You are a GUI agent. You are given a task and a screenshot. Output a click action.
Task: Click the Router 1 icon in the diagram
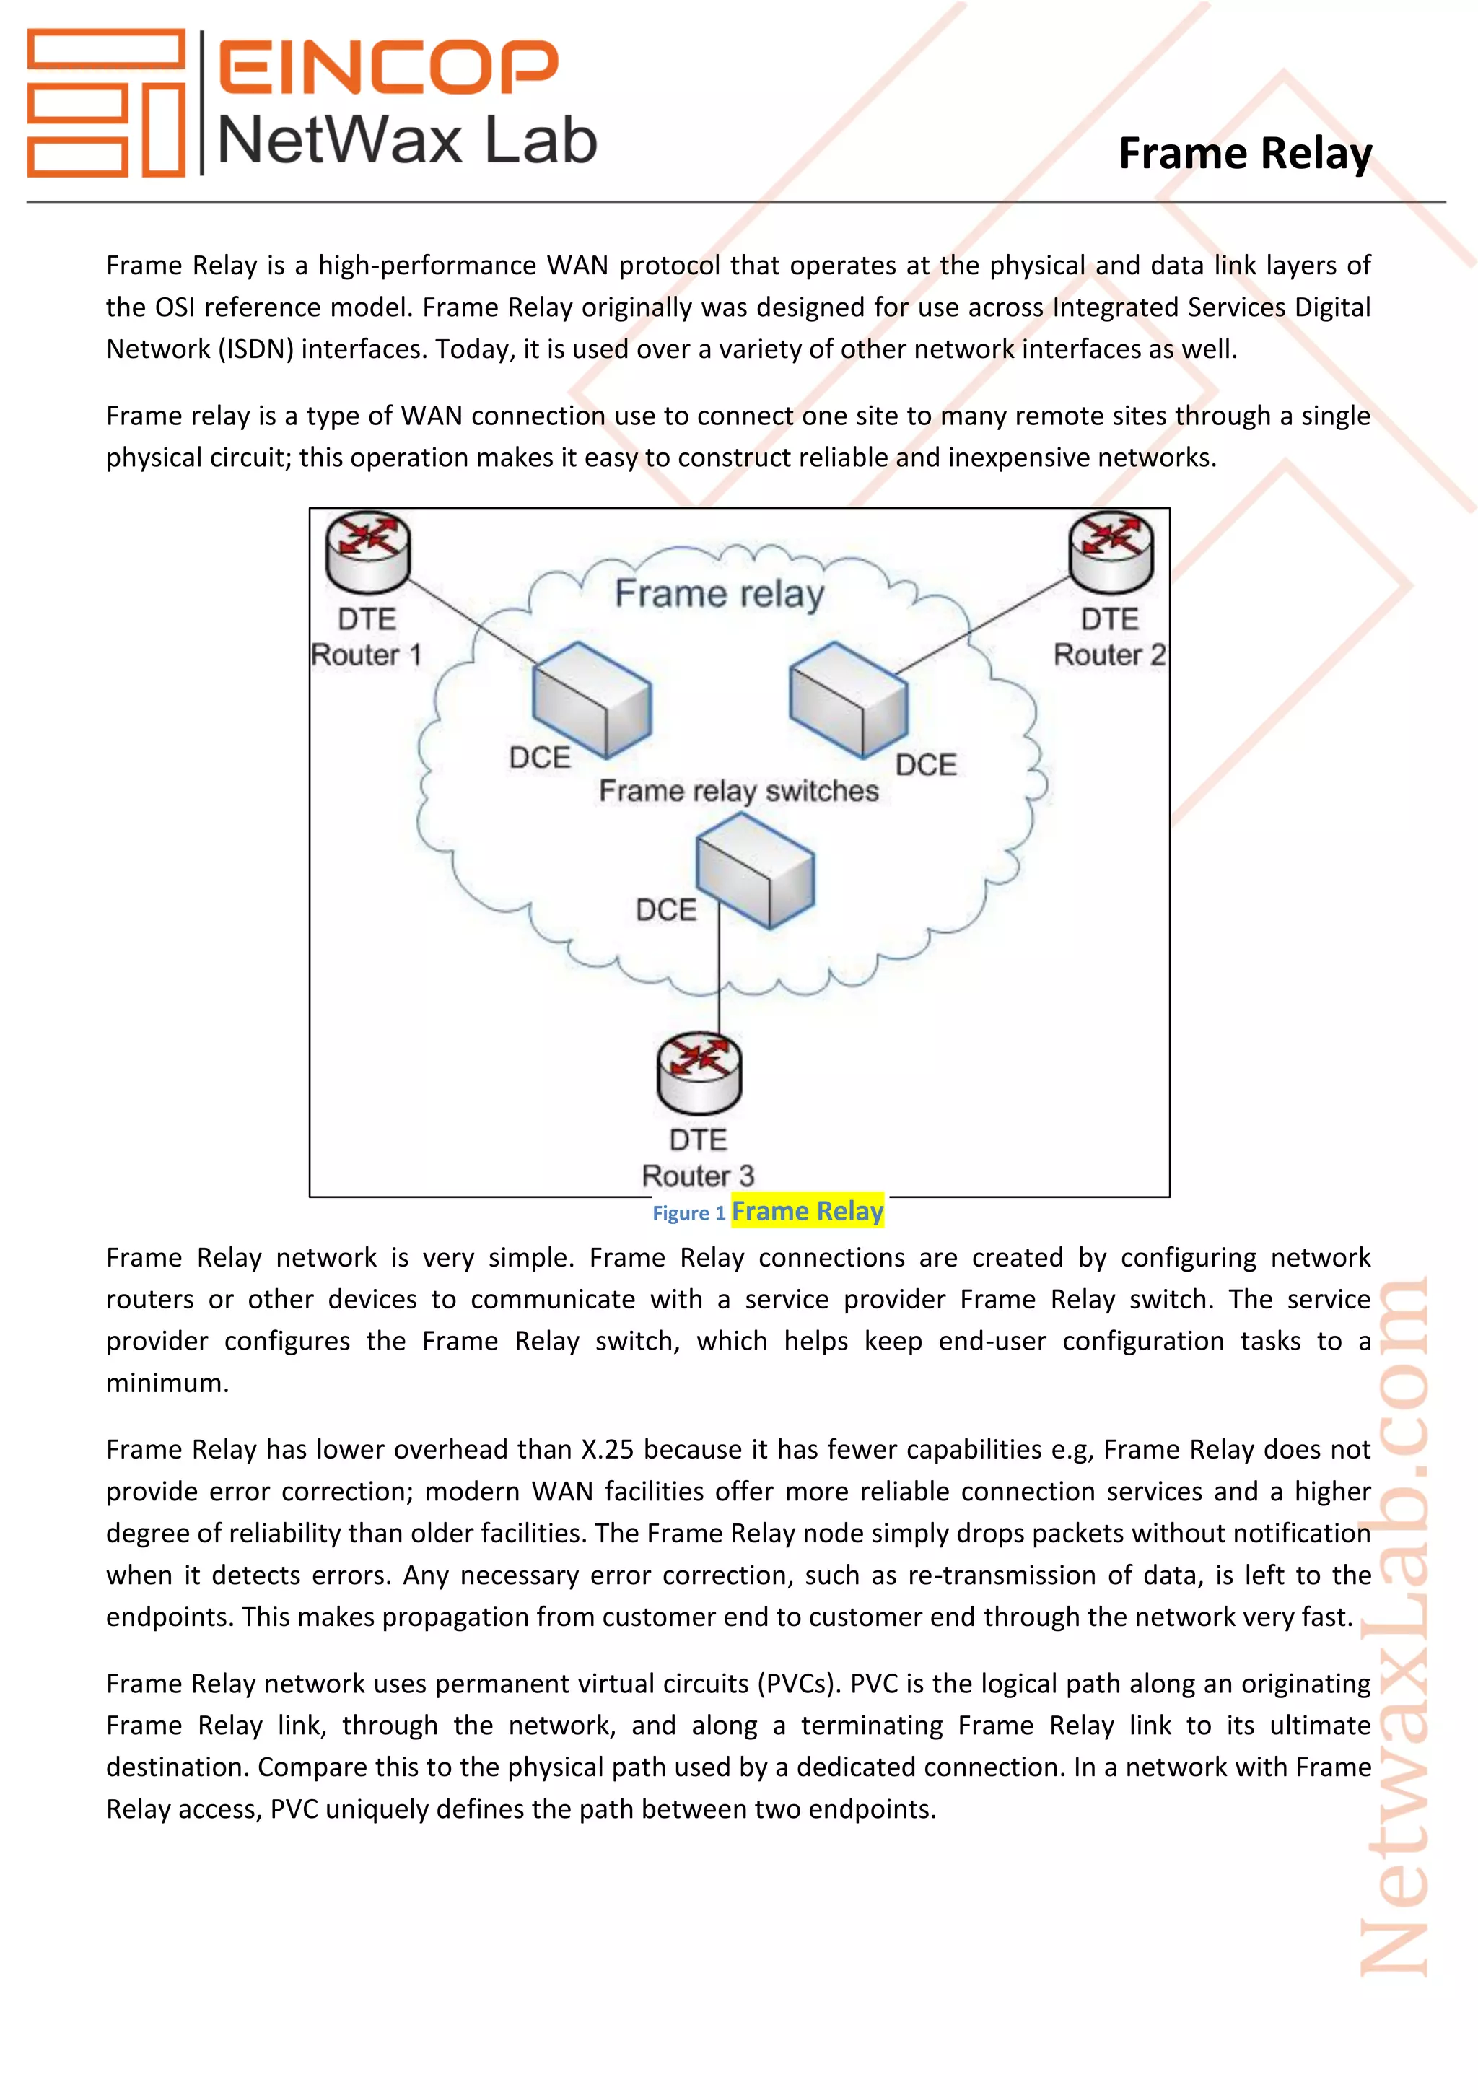click(367, 551)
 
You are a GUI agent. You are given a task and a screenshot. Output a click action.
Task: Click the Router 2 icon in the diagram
click(1111, 551)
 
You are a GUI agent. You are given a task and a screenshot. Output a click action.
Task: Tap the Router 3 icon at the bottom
click(699, 1072)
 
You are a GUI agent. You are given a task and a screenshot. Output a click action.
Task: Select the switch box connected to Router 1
click(592, 700)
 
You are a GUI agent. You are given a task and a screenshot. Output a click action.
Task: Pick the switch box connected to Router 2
click(848, 700)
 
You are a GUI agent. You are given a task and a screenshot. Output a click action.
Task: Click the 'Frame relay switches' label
click(738, 791)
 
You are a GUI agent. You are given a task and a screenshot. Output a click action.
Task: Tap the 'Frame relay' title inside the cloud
click(719, 593)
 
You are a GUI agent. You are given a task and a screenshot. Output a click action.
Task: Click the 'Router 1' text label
click(366, 655)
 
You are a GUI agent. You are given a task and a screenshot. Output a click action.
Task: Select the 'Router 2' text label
click(1108, 655)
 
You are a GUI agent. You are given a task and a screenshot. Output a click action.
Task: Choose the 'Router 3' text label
click(698, 1175)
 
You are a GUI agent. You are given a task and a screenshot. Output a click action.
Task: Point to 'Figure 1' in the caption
click(688, 1213)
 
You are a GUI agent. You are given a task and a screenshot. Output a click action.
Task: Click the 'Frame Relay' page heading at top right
click(1244, 153)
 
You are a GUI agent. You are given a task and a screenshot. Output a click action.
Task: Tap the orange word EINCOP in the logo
click(388, 66)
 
